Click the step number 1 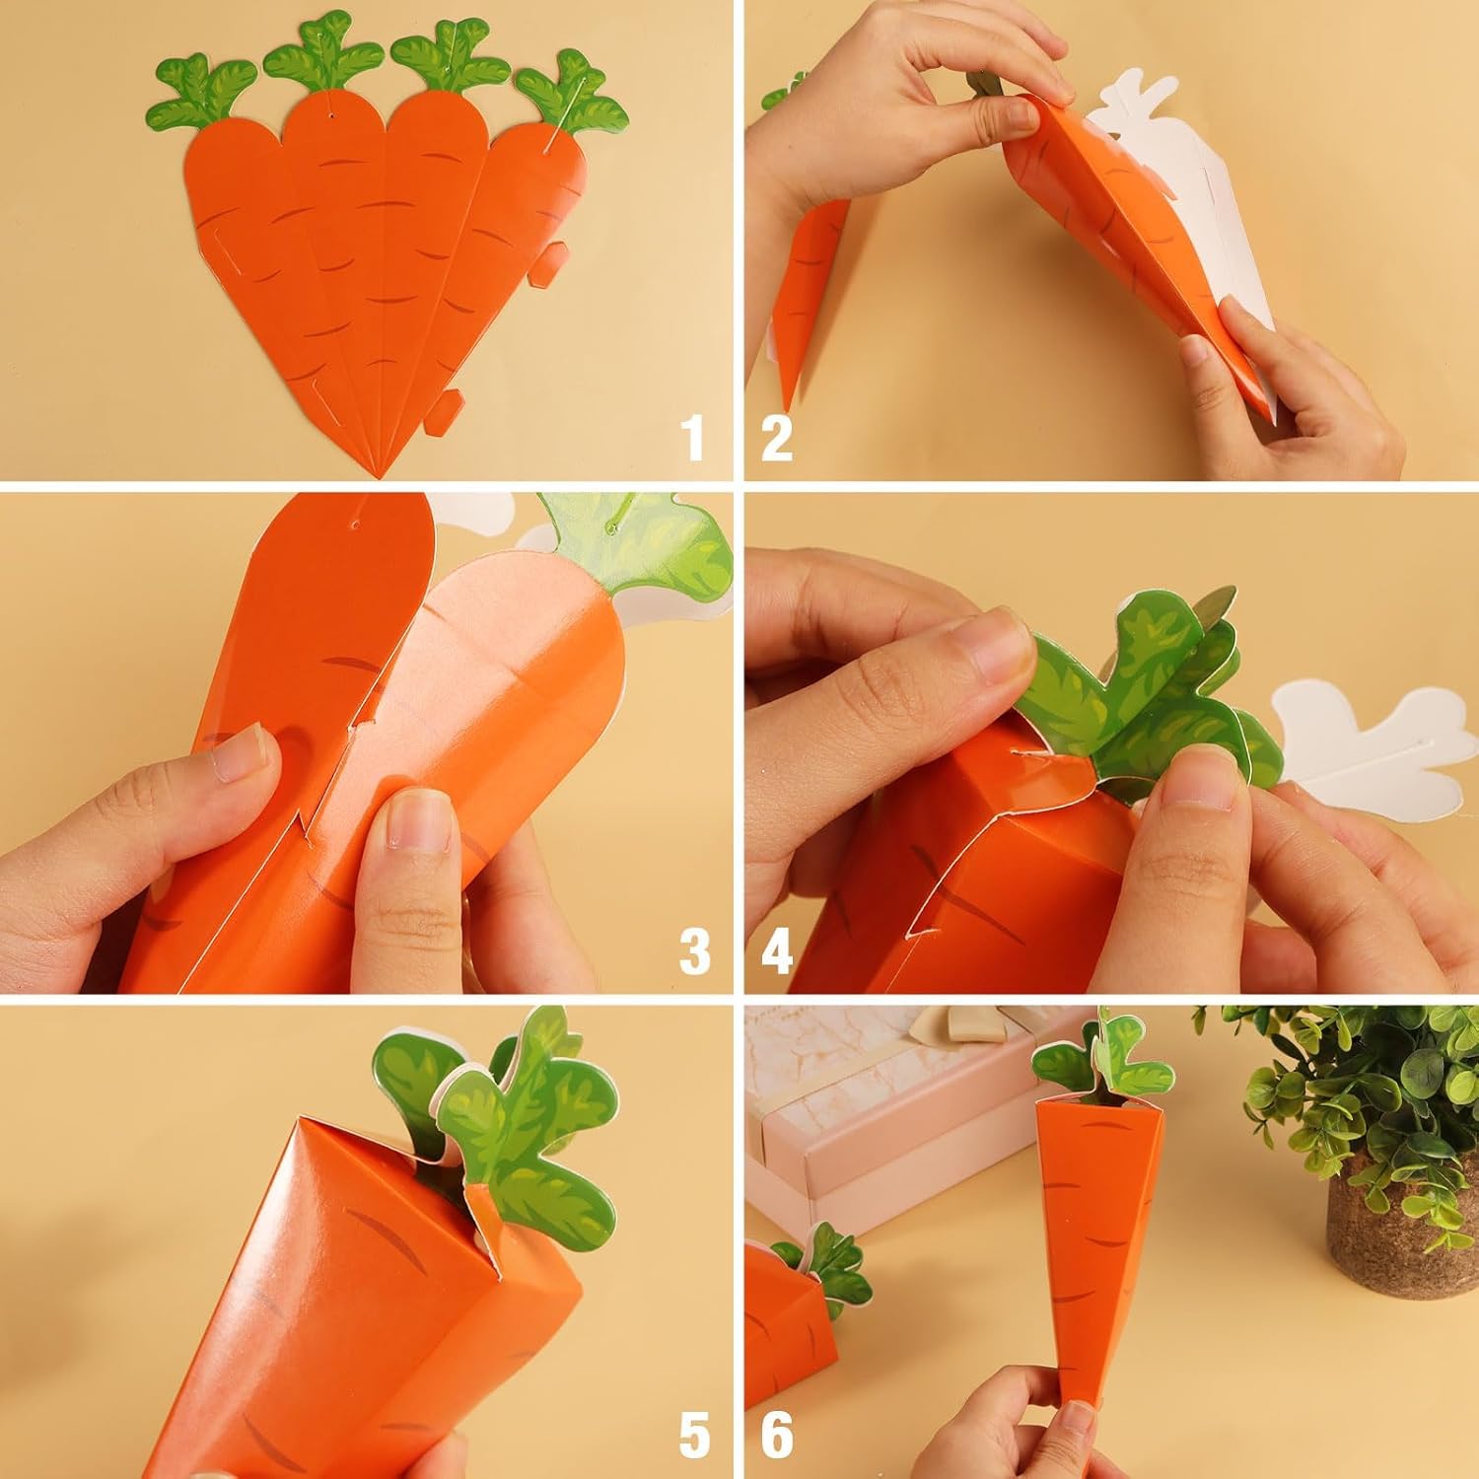(695, 438)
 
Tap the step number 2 (777, 438)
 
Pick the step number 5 (694, 1435)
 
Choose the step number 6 (777, 1435)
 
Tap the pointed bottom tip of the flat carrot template (379, 476)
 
